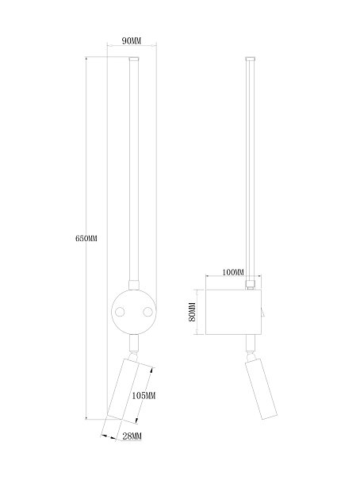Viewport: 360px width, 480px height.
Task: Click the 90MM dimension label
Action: [x=132, y=40]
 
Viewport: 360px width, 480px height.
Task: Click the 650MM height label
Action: [x=86, y=238]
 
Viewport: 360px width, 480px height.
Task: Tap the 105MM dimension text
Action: [x=144, y=396]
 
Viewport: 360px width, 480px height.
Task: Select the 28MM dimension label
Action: [x=132, y=436]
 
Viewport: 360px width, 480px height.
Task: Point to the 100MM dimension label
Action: [x=233, y=272]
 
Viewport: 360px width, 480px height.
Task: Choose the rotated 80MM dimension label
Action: [x=192, y=312]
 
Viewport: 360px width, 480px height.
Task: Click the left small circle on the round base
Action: [x=120, y=312]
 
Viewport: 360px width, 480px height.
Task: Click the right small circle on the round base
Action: [x=147, y=312]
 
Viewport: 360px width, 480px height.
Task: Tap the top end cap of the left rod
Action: [x=134, y=59]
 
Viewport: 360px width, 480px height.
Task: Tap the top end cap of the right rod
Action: [x=251, y=59]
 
